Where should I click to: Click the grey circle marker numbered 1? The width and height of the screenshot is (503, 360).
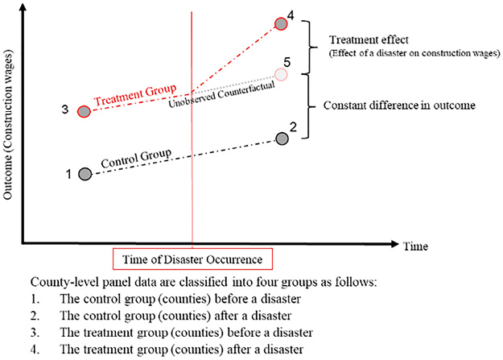coord(85,175)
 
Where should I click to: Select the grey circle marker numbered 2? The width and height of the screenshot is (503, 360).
coord(282,139)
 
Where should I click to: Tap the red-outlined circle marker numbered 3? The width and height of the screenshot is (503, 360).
coord(84,111)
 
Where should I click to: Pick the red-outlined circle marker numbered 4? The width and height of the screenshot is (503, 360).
coord(281,24)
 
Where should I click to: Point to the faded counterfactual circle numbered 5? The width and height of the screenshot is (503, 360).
coord(281,74)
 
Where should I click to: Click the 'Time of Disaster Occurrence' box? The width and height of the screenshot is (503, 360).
coord(192,259)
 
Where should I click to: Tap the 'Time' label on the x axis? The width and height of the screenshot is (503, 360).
coord(415,245)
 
